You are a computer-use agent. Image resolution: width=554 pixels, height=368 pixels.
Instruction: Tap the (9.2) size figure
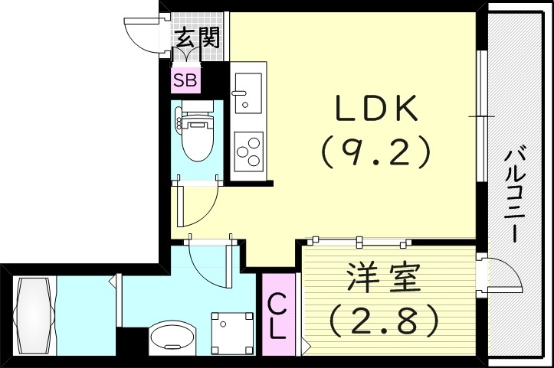click(375, 154)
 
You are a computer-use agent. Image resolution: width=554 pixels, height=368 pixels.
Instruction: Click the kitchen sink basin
click(247, 90)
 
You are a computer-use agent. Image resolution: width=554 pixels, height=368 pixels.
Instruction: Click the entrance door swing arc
click(142, 35)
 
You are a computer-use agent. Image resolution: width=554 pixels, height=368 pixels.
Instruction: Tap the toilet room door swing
click(196, 204)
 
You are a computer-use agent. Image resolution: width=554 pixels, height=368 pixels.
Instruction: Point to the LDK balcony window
click(480, 116)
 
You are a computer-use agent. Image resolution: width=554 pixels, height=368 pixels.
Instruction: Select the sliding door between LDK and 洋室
click(356, 242)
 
